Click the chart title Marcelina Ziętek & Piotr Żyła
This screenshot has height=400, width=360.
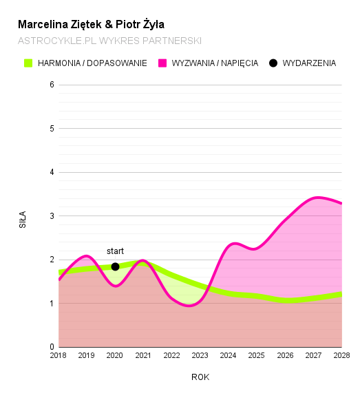[91, 24]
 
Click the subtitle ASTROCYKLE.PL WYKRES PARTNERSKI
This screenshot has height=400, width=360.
[109, 41]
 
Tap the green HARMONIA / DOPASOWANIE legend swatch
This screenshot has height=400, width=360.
[28, 63]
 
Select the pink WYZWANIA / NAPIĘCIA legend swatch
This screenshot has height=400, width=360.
[162, 63]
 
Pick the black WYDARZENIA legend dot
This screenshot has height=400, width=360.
[273, 63]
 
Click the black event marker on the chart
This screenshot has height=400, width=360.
[115, 266]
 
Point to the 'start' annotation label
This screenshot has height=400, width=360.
[115, 251]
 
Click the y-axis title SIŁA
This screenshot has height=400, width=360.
[23, 220]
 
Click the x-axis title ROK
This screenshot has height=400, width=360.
[200, 377]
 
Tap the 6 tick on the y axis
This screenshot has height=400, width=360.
[52, 85]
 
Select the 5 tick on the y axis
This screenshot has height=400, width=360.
[52, 129]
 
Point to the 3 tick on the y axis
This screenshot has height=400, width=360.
[52, 216]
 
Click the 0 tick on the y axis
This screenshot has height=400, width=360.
[52, 347]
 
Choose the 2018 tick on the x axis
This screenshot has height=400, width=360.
[59, 356]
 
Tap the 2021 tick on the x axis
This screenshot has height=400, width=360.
[143, 356]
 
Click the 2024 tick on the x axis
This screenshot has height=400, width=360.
[229, 356]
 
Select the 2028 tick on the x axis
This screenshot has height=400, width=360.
[341, 356]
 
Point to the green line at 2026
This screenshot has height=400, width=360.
[285, 300]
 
